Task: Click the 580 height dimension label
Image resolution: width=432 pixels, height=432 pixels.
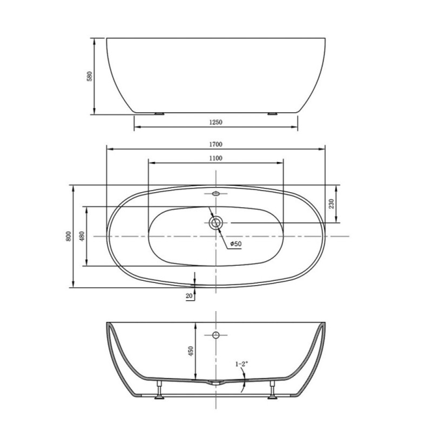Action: point(90,76)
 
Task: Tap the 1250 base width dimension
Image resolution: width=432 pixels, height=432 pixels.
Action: point(215,123)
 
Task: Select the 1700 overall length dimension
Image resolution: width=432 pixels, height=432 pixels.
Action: point(215,144)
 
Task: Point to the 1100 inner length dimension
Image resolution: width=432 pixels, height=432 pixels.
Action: point(215,158)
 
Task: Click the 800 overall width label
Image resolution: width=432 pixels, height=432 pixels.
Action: point(69,237)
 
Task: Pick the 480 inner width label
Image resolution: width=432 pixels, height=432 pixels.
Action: point(82,237)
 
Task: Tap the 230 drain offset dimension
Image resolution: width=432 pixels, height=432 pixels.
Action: point(332,204)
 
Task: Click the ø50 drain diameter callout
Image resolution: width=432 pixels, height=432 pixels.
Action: point(236,244)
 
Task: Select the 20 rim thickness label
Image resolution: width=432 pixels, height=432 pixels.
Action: point(189,296)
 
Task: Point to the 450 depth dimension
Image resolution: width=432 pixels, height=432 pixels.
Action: point(191,351)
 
